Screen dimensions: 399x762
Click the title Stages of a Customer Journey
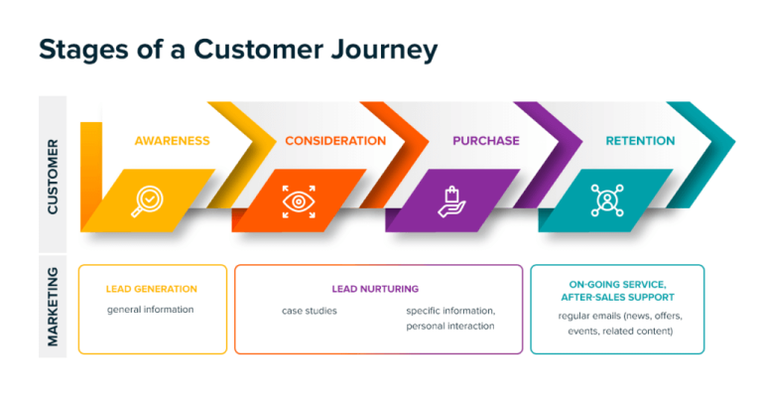click(237, 50)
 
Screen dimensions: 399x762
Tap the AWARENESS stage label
click(172, 141)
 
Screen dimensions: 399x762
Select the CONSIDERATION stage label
click(335, 141)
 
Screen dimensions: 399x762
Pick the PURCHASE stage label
click(486, 141)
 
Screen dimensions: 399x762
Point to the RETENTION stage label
click(640, 141)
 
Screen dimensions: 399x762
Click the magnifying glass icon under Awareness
click(147, 199)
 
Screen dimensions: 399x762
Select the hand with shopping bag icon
click(451, 199)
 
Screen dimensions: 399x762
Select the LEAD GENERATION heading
click(152, 290)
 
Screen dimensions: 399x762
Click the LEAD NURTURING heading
click(375, 290)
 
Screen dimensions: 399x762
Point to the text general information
click(151, 310)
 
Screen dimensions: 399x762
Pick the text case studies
click(310, 311)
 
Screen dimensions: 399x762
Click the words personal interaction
click(449, 326)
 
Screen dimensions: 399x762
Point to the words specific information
click(449, 311)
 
